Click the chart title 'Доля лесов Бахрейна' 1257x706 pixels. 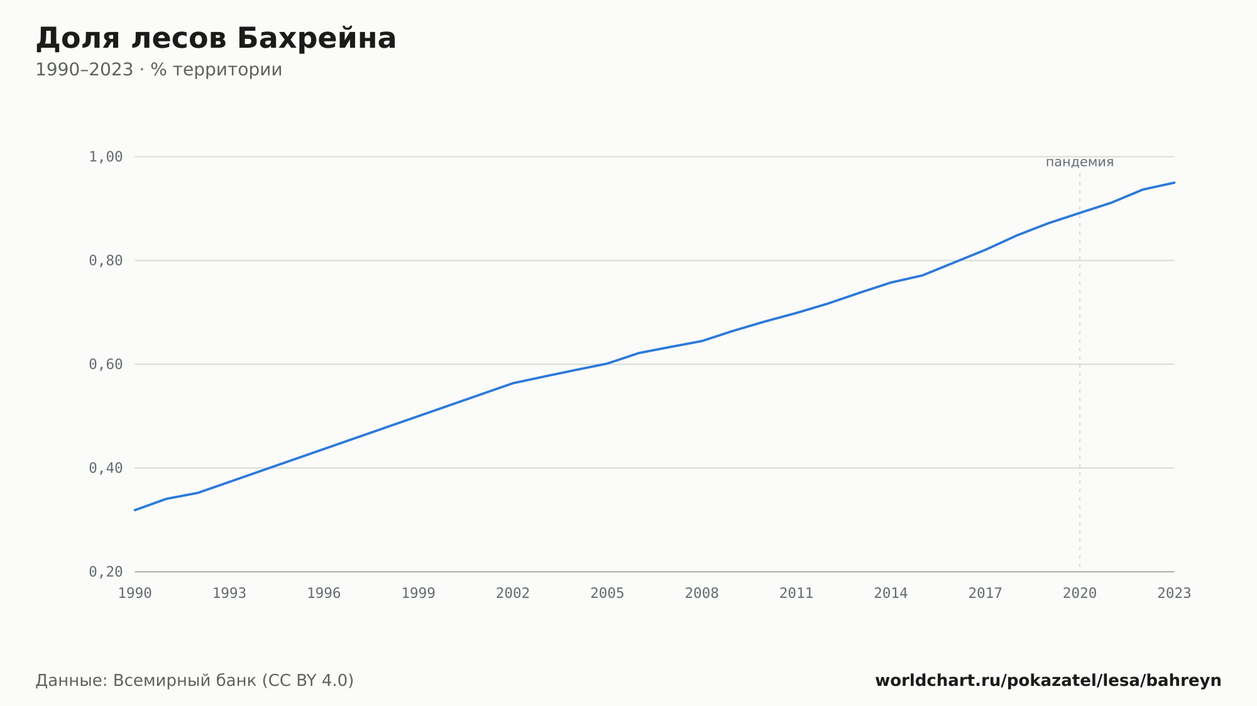pyautogui.click(x=216, y=39)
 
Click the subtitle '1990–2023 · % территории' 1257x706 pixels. pyautogui.click(x=159, y=70)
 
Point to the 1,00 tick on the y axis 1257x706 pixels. pyautogui.click(x=106, y=157)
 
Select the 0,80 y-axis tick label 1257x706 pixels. pyautogui.click(x=106, y=261)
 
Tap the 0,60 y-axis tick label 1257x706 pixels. pyautogui.click(x=106, y=364)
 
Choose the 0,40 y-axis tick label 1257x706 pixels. pyautogui.click(x=106, y=468)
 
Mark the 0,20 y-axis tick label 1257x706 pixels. pyautogui.click(x=106, y=572)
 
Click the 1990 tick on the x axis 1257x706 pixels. pyautogui.click(x=135, y=594)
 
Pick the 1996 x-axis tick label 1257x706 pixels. pyautogui.click(x=324, y=594)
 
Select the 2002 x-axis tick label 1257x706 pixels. pyautogui.click(x=513, y=594)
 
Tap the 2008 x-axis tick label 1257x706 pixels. pyautogui.click(x=702, y=594)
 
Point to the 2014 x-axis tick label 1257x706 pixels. pyautogui.click(x=891, y=594)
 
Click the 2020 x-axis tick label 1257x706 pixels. pyautogui.click(x=1080, y=594)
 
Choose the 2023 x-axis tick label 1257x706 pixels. pyautogui.click(x=1174, y=594)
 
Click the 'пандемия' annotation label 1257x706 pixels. pyautogui.click(x=1080, y=163)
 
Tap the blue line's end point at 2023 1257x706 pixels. pyautogui.click(x=1174, y=183)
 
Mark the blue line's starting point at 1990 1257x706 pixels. pyautogui.click(x=135, y=510)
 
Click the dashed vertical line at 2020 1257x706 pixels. pyautogui.click(x=1080, y=371)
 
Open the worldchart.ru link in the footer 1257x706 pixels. pyautogui.click(x=1048, y=681)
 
